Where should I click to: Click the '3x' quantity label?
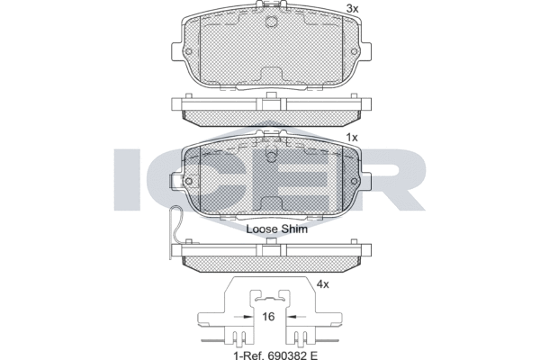click(352, 9)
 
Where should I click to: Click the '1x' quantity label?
click(352, 138)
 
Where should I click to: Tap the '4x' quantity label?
click(323, 284)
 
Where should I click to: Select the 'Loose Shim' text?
click(277, 229)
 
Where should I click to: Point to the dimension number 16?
click(268, 317)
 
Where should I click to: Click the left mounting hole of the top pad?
click(188, 51)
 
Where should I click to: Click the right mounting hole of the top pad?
click(354, 51)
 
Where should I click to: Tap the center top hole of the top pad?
click(272, 22)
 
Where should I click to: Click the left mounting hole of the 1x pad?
click(188, 181)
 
